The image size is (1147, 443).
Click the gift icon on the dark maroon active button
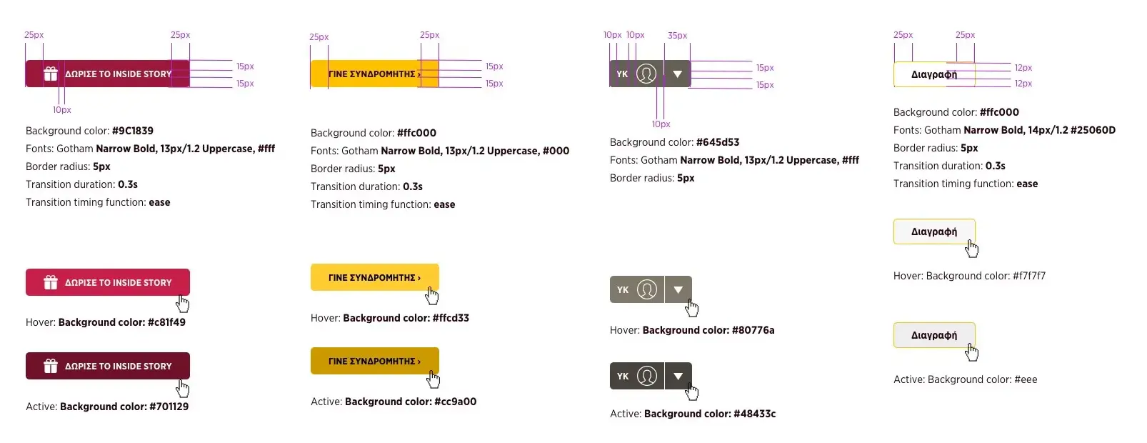(x=51, y=366)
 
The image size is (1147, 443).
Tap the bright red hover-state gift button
(x=108, y=282)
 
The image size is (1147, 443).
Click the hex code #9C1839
(x=133, y=131)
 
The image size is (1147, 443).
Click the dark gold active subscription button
(x=374, y=361)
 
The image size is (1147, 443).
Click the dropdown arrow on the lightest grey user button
(x=678, y=289)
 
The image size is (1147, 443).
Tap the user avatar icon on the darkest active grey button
(x=646, y=376)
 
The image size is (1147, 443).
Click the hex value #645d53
(x=718, y=142)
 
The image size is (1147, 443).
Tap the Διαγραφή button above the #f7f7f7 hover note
(x=934, y=232)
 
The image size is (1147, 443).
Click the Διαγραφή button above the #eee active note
(x=934, y=335)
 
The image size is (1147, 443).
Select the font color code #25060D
(x=1093, y=130)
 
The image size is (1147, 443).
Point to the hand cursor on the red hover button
(x=183, y=304)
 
